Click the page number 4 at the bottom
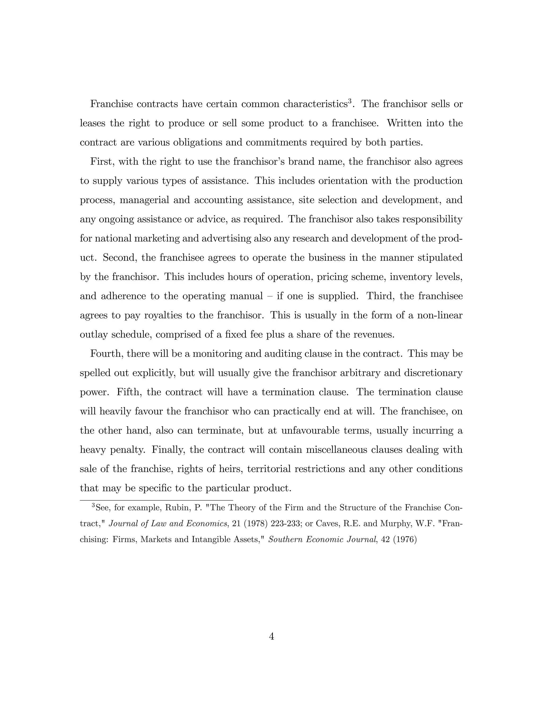271,636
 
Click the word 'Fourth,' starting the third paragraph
106,354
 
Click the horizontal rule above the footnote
156,500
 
